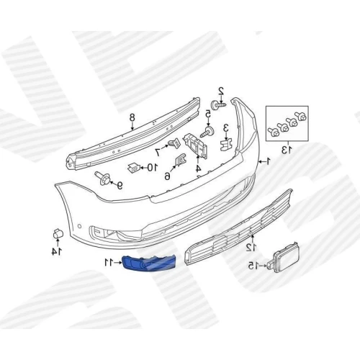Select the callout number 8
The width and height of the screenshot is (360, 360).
point(132,117)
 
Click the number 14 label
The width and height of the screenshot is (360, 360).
point(57,251)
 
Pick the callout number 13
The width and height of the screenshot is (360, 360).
point(287,150)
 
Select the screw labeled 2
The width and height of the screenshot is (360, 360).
point(219,105)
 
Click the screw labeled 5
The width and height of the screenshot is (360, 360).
point(207,132)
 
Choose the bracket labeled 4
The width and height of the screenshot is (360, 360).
point(196,145)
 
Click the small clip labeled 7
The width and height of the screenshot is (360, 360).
point(174,143)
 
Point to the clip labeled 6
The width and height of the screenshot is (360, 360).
point(180,160)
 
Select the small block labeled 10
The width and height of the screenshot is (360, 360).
point(134,167)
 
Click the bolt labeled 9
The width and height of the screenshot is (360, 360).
point(103,178)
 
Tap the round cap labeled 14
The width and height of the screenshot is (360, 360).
point(58,233)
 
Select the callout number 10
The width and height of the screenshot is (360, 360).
point(152,167)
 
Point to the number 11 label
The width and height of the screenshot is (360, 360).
point(109,263)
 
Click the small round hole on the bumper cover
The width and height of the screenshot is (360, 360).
point(79,226)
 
